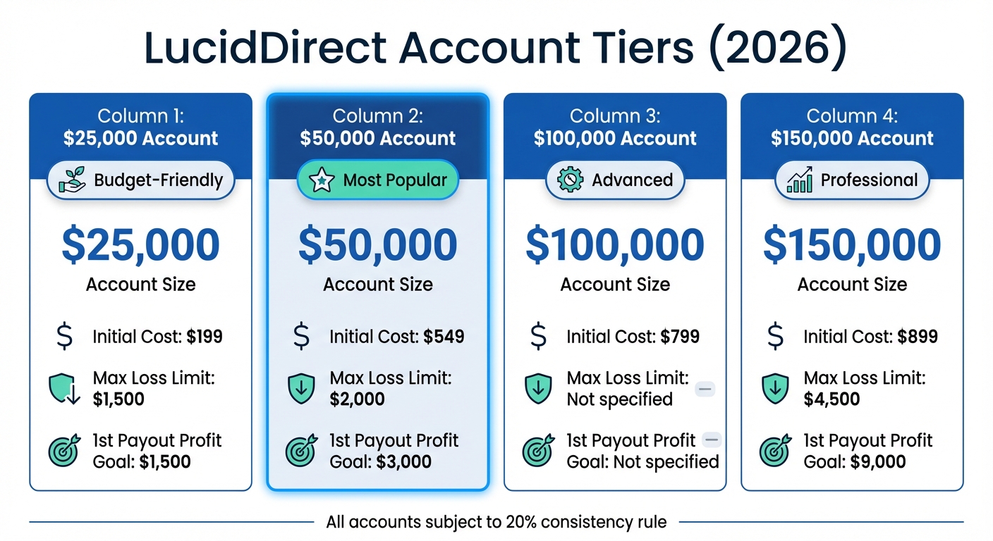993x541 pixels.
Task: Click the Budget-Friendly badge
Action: point(141,180)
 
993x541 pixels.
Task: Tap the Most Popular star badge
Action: point(378,180)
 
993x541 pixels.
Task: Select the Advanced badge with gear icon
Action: point(615,180)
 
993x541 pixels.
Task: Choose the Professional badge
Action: point(852,180)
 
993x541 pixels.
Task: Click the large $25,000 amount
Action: point(141,245)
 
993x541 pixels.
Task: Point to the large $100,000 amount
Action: point(615,245)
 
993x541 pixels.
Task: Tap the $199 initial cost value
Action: point(205,337)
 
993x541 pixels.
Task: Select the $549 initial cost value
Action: point(444,337)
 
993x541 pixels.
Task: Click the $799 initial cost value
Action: point(680,337)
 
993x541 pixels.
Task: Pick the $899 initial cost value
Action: point(918,337)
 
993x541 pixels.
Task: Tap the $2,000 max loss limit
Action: point(357,399)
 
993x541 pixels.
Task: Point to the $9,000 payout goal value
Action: point(876,462)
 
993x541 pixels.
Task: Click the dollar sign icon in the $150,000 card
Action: point(775,337)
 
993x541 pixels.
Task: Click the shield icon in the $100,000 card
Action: point(539,389)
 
